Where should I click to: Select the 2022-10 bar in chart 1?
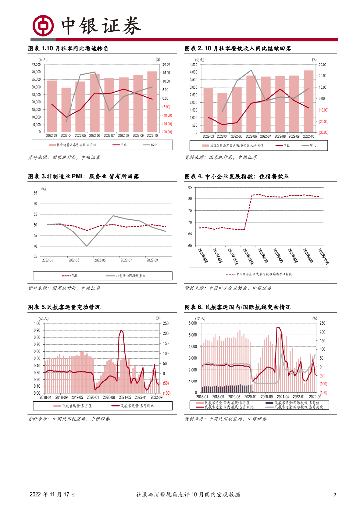pyautogui.click(x=152, y=102)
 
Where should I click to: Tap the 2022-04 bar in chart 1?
pyautogui.click(x=66, y=110)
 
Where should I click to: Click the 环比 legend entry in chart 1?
pyautogui.click(x=149, y=145)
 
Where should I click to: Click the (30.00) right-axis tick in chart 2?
pyautogui.click(x=323, y=132)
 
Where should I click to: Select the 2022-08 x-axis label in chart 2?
pyautogui.click(x=280, y=136)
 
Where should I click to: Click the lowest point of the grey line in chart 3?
pyautogui.click(x=86, y=246)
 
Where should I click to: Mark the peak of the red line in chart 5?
pyautogui.click(x=121, y=330)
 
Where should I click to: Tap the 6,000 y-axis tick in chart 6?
pyautogui.click(x=191, y=323)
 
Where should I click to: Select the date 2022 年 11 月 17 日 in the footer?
pyautogui.click(x=52, y=495)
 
